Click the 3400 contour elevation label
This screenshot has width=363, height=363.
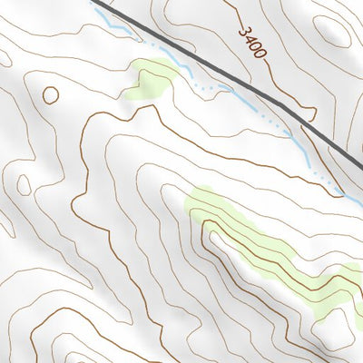[253, 42]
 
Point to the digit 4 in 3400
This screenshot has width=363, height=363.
[250, 38]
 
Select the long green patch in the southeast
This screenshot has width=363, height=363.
[272, 250]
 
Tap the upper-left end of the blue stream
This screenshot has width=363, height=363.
[95, 11]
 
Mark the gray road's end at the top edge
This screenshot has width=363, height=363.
[93, 2]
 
